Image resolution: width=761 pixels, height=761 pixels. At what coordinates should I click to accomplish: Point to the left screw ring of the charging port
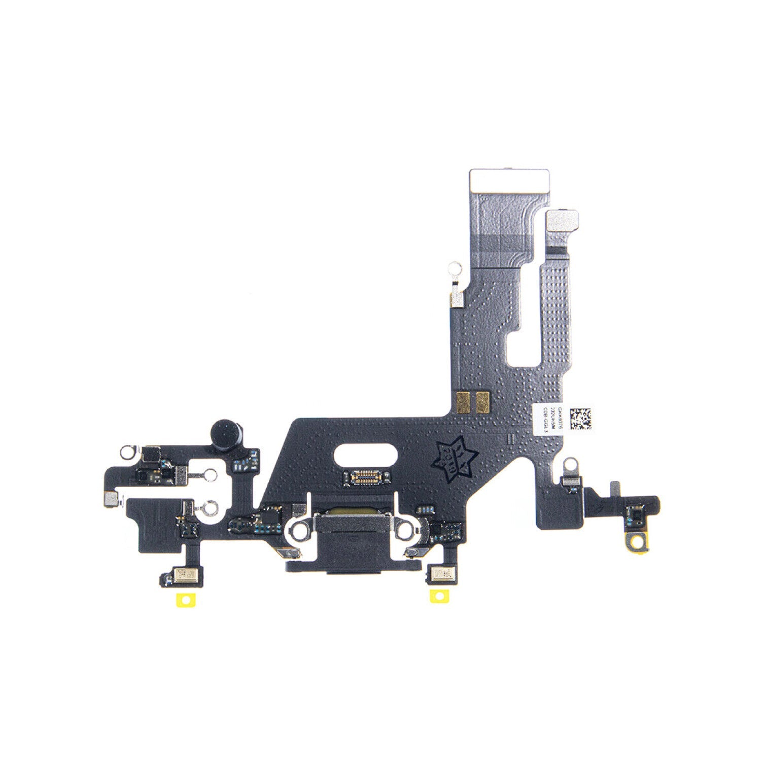click(300, 529)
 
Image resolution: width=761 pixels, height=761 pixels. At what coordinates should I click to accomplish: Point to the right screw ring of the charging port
click(405, 529)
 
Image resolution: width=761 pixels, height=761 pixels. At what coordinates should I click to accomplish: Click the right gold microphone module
click(442, 573)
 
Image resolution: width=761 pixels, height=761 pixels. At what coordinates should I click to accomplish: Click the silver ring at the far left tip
click(127, 450)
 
